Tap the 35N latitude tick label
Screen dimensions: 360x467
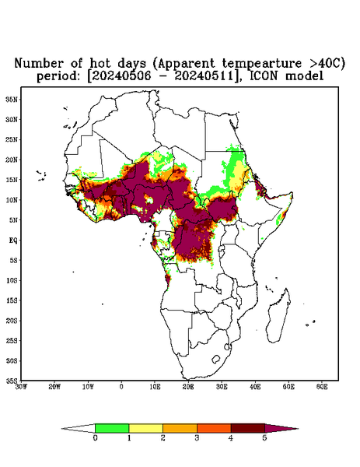pyautogui.click(x=12, y=99)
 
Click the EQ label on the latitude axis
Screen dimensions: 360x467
pyautogui.click(x=13, y=240)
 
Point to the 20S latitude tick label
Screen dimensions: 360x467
pyautogui.click(x=12, y=321)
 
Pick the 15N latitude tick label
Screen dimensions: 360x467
pyautogui.click(x=12, y=180)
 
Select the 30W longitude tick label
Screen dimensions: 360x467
pyautogui.click(x=21, y=387)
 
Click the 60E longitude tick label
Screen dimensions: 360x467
pyautogui.click(x=322, y=387)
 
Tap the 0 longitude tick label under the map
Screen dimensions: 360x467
pyautogui.click(x=121, y=387)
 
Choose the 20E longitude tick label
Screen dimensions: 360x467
pyautogui.click(x=188, y=387)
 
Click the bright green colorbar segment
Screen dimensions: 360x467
pyautogui.click(x=112, y=428)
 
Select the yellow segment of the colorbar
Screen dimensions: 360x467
pyautogui.click(x=145, y=428)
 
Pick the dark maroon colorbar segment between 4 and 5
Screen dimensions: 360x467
pyautogui.click(x=248, y=428)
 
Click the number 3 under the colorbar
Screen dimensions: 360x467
pyautogui.click(x=197, y=438)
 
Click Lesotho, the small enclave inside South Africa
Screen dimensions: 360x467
pyautogui.click(x=216, y=359)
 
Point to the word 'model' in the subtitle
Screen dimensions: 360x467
pyautogui.click(x=304, y=76)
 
